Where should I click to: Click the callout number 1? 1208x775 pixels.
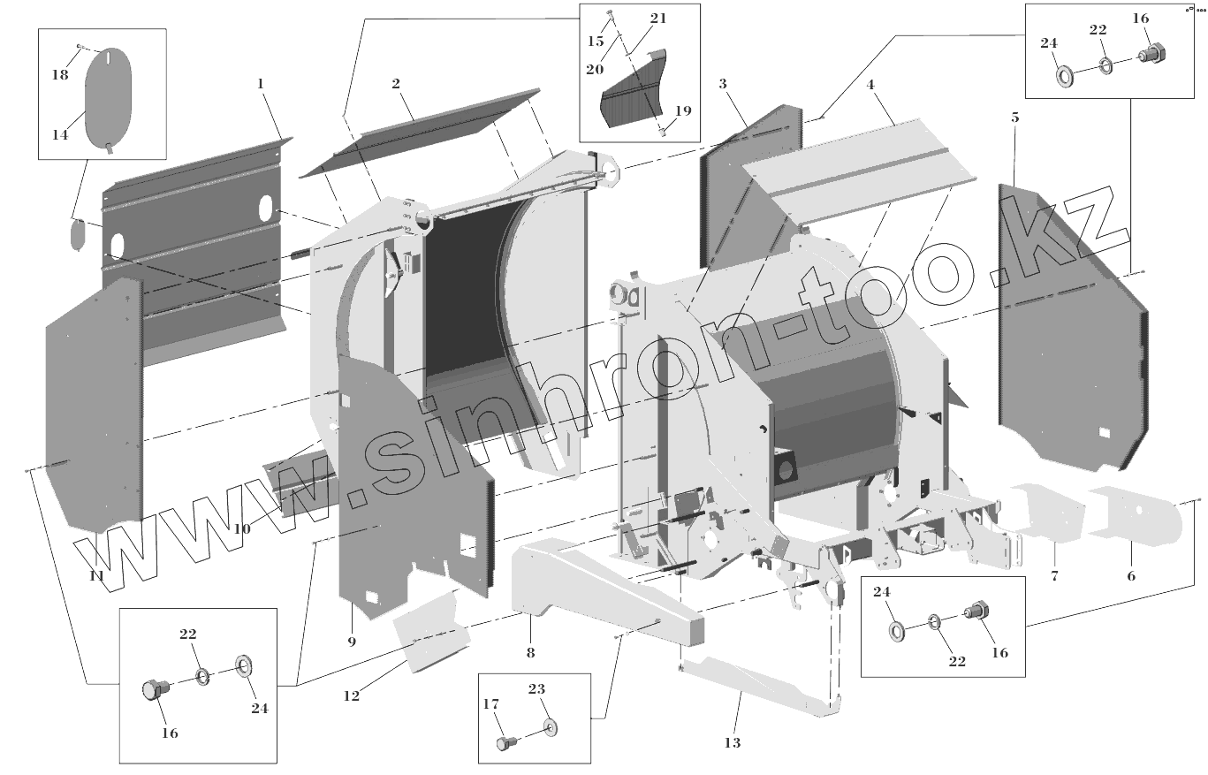click(261, 83)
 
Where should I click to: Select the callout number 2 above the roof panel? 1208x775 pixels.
click(396, 84)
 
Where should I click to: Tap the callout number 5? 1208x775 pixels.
click(1014, 117)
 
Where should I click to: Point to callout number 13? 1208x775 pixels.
click(733, 742)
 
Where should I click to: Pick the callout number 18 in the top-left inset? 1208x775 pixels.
click(59, 75)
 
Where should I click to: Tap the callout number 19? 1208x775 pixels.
click(683, 110)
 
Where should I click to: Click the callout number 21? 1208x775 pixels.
click(658, 18)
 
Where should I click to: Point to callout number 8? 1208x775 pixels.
click(530, 653)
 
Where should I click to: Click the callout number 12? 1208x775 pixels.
click(352, 695)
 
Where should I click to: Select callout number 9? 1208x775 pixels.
click(352, 641)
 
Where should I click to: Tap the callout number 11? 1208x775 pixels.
click(97, 575)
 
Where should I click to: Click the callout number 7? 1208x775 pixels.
click(1054, 575)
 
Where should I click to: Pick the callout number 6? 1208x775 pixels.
click(1131, 575)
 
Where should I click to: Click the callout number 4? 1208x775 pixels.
click(870, 85)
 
